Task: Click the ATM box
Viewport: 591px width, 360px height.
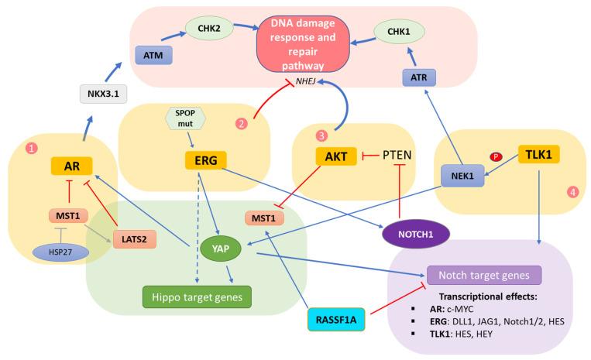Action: (x=153, y=56)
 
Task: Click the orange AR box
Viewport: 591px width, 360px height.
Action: (x=72, y=165)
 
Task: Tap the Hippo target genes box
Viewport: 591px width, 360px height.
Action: (x=189, y=296)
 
